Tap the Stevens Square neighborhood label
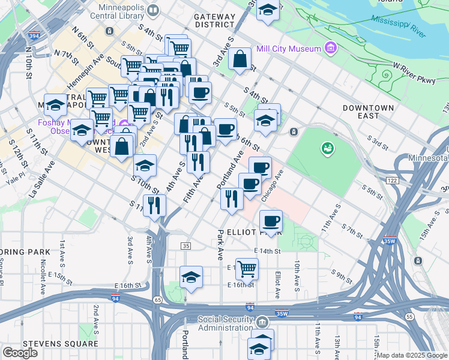click(60, 344)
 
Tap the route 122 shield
click(393, 179)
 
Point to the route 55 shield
click(409, 316)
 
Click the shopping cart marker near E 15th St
click(247, 269)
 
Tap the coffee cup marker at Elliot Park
click(271, 221)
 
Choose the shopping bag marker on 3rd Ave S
click(240, 60)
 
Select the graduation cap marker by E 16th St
click(191, 277)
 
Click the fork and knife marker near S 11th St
click(154, 205)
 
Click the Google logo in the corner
click(20, 353)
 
